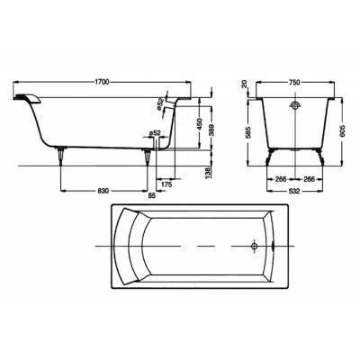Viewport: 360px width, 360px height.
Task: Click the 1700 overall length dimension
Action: [102, 82]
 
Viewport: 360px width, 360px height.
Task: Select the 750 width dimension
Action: [295, 83]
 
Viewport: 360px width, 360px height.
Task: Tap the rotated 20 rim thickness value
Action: [246, 84]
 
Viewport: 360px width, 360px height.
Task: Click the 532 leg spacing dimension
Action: [295, 192]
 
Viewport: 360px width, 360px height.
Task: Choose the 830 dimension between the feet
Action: [103, 191]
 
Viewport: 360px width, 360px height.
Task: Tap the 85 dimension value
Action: [152, 195]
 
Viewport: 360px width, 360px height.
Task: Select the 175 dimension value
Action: [166, 184]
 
